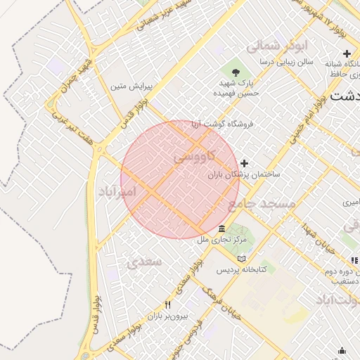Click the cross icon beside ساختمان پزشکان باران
coord(245,163)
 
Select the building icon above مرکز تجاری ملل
coord(222,229)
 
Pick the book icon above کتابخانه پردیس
coord(241,259)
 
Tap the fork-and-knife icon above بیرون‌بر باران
coord(167,305)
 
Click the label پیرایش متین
coord(128,86)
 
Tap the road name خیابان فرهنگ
coord(221,301)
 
